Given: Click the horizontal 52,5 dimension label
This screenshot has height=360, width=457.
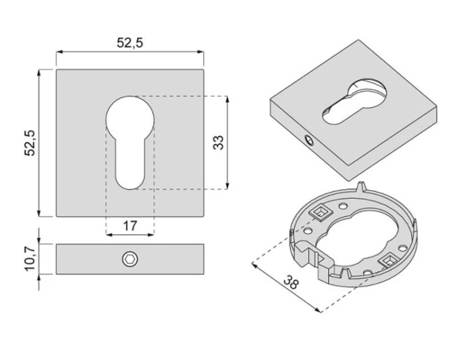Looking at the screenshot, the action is (x=130, y=43).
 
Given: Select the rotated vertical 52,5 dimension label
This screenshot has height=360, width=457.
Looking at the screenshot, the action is (x=30, y=143).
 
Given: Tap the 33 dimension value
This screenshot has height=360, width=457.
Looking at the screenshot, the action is (x=218, y=143).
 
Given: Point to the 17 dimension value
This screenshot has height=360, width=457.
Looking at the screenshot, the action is (x=130, y=226).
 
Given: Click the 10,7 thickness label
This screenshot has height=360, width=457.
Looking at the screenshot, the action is (x=30, y=259).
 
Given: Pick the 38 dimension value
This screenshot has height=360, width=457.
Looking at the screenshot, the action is (x=291, y=282).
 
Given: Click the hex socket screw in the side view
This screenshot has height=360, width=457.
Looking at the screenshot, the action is (x=130, y=259).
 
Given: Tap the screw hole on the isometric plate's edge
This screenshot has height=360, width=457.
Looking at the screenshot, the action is (x=309, y=140).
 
